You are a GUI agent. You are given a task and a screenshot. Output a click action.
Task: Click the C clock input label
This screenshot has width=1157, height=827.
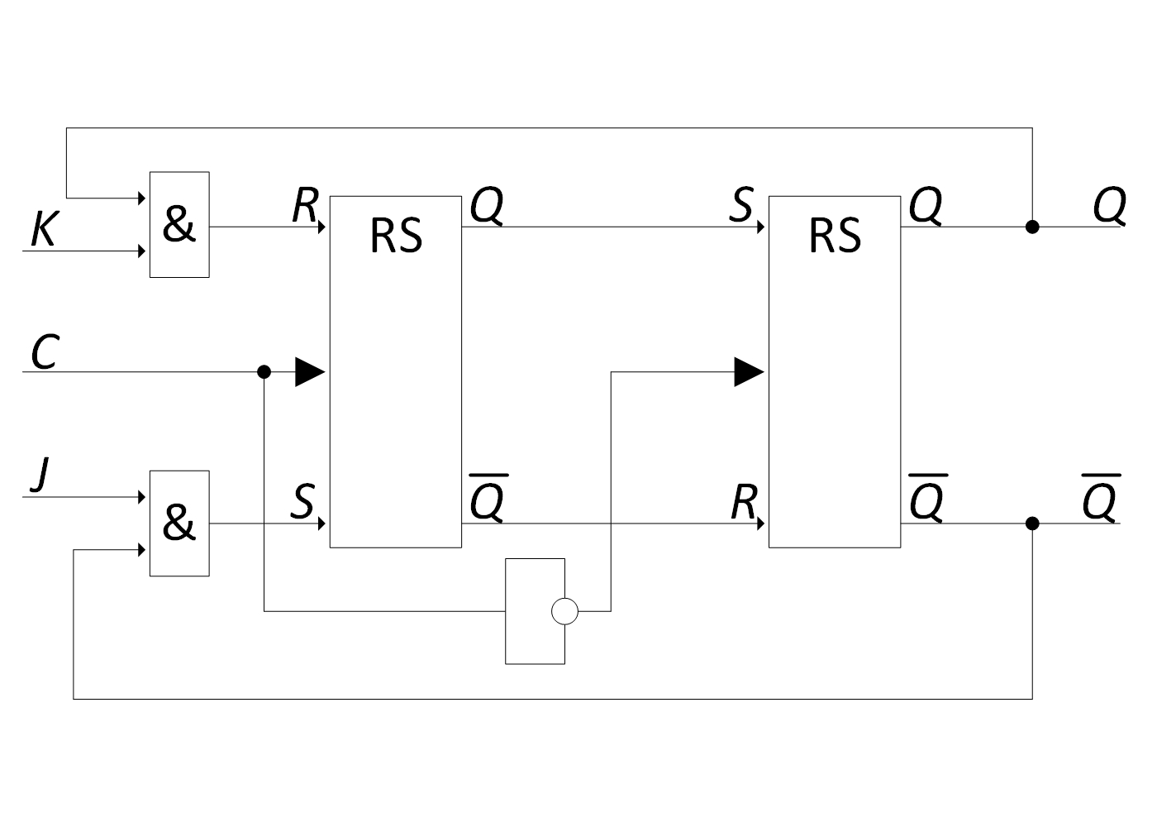coord(45,351)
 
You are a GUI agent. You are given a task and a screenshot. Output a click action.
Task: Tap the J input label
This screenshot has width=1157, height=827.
coord(40,475)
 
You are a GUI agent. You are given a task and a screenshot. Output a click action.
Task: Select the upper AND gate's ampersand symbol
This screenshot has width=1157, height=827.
coord(179,223)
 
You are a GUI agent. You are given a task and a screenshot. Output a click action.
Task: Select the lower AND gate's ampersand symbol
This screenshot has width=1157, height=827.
coord(179,522)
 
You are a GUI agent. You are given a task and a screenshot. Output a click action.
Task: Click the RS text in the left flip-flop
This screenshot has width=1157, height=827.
coord(396,236)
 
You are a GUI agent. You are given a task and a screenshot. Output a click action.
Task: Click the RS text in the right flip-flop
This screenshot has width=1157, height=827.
coord(836,236)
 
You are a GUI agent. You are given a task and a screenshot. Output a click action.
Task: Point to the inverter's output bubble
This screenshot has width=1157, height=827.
coord(564,611)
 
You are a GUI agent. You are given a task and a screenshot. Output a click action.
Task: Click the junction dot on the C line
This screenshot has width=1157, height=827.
coord(264,371)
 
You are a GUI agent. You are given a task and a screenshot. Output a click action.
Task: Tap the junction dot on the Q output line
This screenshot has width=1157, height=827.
coord(1032,227)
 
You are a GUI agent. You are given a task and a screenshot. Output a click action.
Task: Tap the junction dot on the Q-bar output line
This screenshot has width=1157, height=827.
coord(1032,523)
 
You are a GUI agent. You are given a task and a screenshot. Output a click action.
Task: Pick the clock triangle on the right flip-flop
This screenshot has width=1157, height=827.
coord(749,371)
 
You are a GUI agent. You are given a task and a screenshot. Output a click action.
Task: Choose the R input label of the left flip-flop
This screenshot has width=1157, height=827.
coord(305,205)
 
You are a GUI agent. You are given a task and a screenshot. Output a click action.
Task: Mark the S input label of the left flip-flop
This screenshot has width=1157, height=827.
coord(302,501)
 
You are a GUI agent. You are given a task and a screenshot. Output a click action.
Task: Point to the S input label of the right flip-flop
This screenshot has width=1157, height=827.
coord(742,205)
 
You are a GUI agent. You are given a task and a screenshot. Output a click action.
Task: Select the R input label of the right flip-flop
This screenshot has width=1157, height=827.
coord(745,501)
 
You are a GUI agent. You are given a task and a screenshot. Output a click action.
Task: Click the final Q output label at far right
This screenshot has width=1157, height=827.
coord(1109,206)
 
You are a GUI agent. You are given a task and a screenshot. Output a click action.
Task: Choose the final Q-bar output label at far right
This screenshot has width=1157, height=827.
coord(1101,498)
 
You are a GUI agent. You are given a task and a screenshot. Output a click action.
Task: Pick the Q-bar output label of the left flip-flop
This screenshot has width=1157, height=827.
coord(488,498)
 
